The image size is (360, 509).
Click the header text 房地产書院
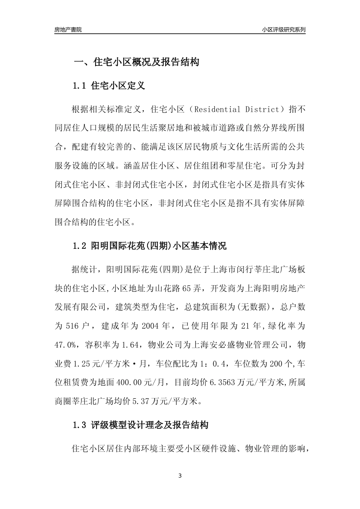pos(68,30)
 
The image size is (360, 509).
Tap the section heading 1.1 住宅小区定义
pos(109,86)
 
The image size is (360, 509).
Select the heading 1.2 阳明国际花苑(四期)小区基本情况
pos(150,246)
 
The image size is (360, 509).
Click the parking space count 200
pos(274,364)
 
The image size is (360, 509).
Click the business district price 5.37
pos(140,401)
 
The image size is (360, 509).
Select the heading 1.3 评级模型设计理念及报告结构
pos(141,425)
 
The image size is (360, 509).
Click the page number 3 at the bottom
pos(180,476)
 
